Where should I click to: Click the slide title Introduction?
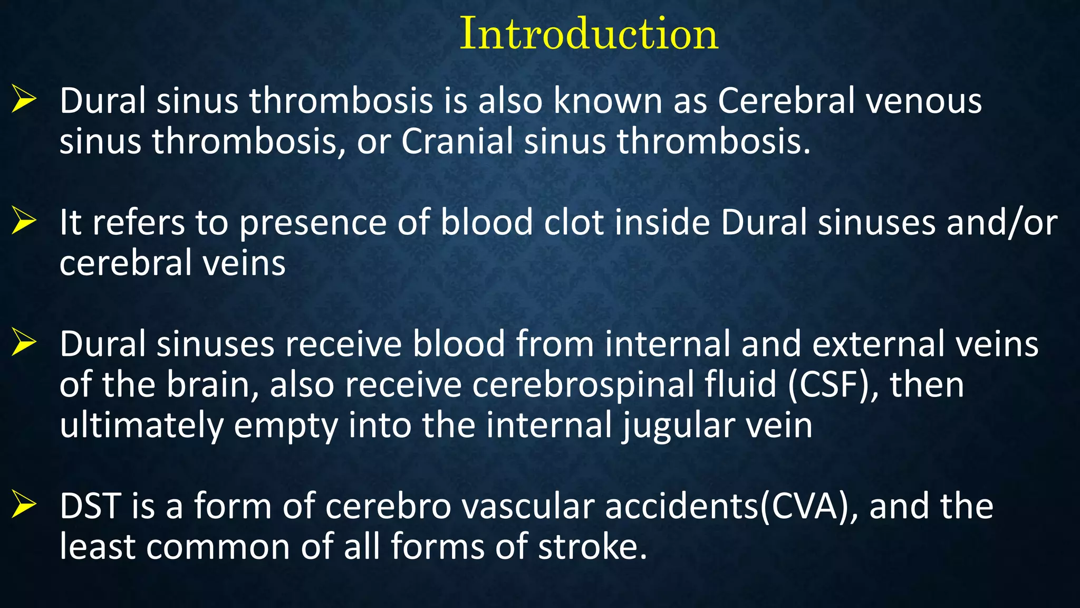pos(589,34)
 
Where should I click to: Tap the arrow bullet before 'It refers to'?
pos(24,221)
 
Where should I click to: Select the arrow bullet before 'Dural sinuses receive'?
pos(24,343)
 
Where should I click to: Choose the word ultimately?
pos(141,426)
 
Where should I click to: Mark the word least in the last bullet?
pos(98,546)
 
